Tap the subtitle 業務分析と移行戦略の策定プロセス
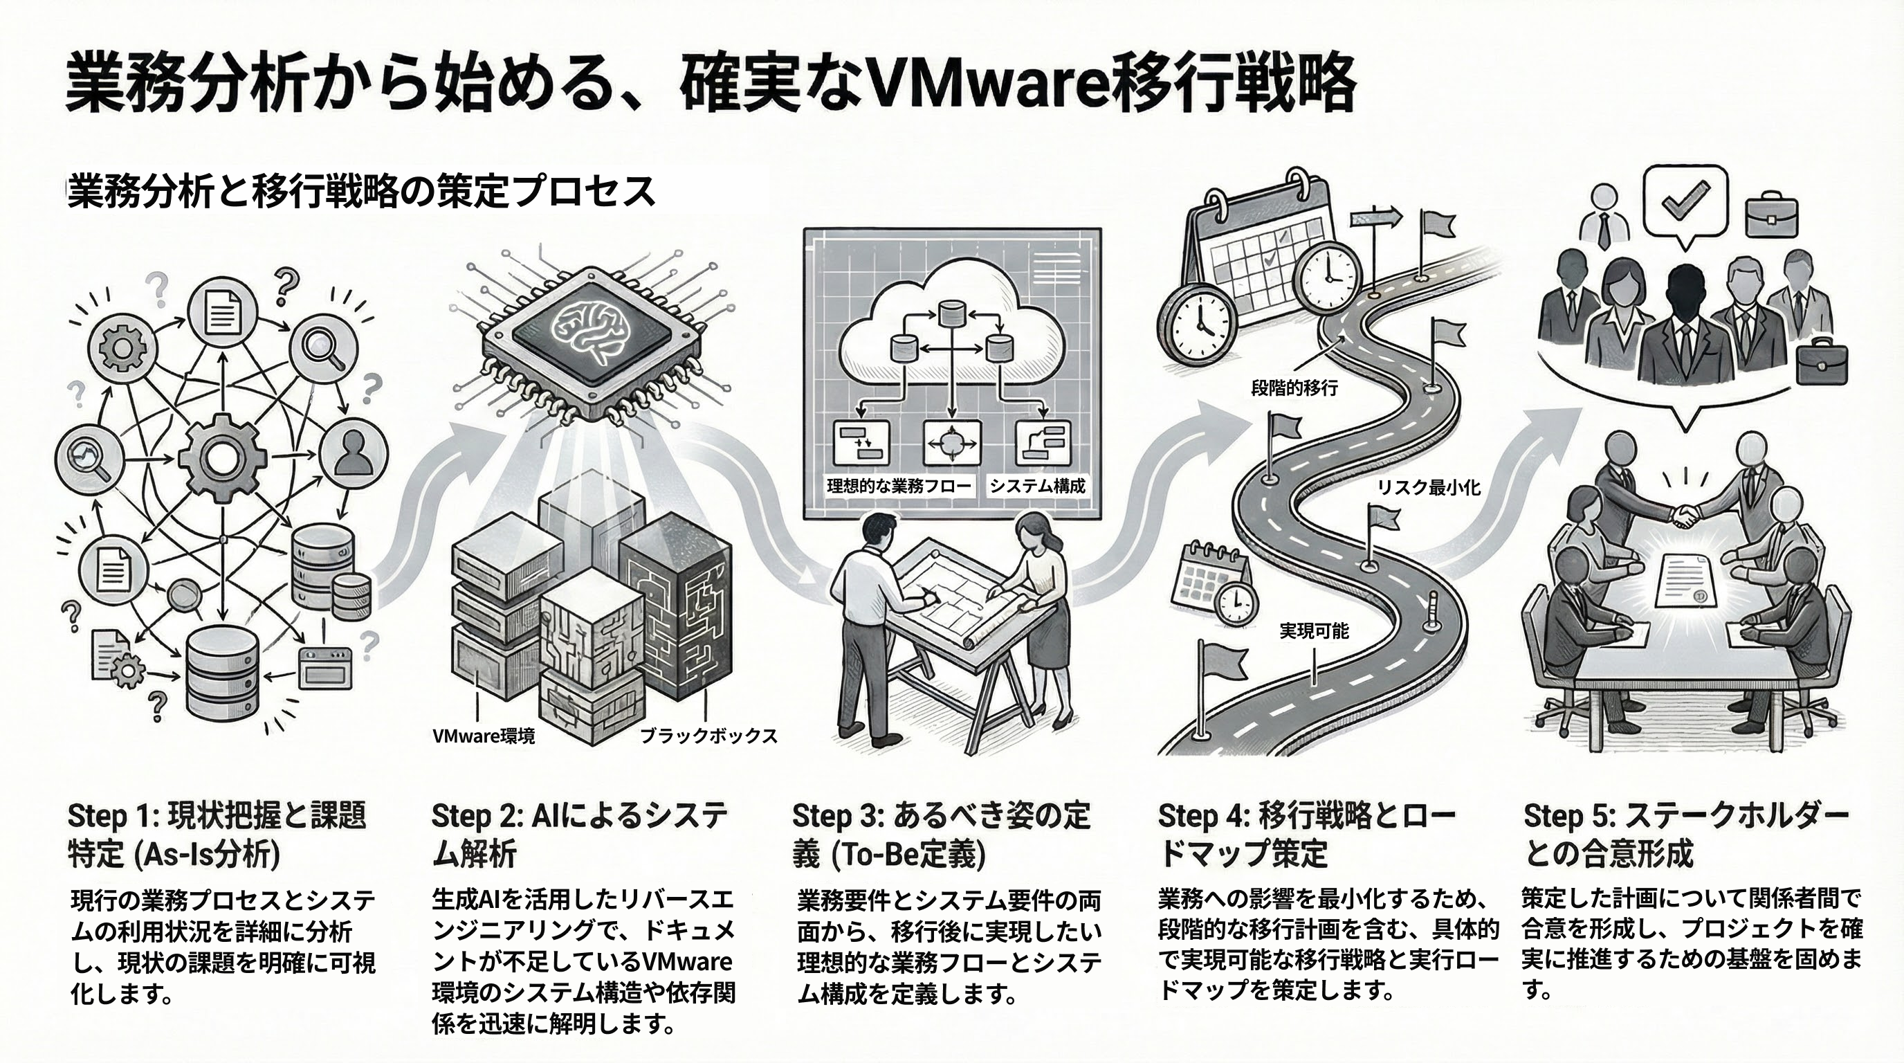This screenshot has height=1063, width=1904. click(x=361, y=192)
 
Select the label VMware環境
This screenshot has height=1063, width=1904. click(x=484, y=736)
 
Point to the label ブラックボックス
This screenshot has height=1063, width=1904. click(x=708, y=736)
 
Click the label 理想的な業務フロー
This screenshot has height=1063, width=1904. click(x=898, y=486)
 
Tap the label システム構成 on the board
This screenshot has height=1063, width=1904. click(x=1037, y=486)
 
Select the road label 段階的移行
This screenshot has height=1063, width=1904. click(x=1294, y=388)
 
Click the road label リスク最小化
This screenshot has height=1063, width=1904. click(x=1428, y=487)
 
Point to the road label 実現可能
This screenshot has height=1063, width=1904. click(x=1313, y=630)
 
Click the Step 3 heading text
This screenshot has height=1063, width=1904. click(x=941, y=834)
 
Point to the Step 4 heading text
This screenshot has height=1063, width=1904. click(x=1306, y=834)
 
